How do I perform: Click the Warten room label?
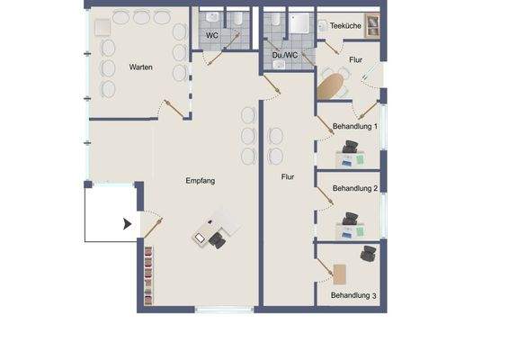(x=140, y=67)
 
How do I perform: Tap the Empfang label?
(x=200, y=181)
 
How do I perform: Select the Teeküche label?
(x=345, y=27)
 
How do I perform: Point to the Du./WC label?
(x=285, y=56)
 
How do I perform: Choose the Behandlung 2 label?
(x=354, y=189)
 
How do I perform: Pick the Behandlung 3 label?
(x=353, y=295)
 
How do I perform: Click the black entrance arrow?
(x=128, y=223)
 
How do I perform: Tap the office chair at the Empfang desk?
(x=218, y=238)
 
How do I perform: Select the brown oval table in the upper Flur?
(x=330, y=87)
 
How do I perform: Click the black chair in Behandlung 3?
(x=369, y=254)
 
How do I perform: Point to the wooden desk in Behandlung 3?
(x=341, y=273)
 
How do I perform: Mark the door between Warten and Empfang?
(x=174, y=107)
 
